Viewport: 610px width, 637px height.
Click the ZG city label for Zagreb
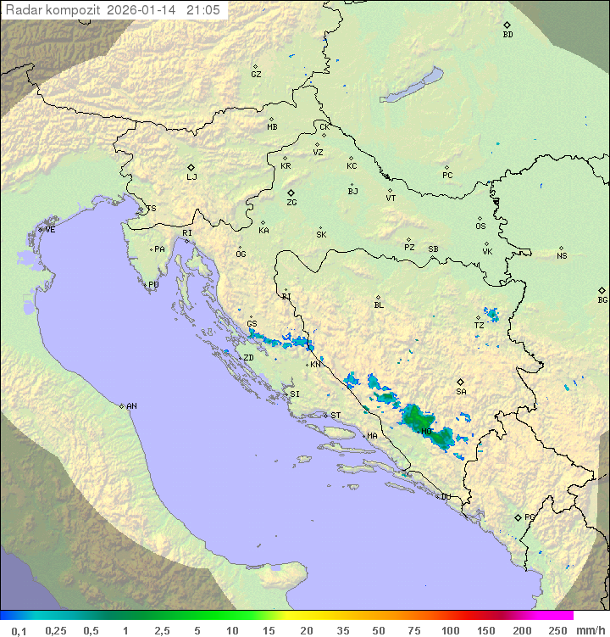click(x=291, y=203)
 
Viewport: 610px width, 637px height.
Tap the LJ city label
click(x=191, y=177)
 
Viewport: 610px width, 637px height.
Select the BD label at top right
click(x=507, y=35)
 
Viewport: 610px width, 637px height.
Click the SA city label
click(x=461, y=392)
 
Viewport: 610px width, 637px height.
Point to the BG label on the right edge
click(x=602, y=299)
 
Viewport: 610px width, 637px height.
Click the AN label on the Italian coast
click(x=131, y=406)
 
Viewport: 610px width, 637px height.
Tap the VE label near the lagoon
click(x=50, y=230)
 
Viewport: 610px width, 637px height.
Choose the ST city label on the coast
click(x=335, y=416)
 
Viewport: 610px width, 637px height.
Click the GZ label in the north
click(x=256, y=75)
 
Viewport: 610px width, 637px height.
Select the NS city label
click(x=562, y=256)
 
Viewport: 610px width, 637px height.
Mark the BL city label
click(x=379, y=305)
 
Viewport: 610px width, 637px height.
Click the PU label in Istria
click(x=153, y=285)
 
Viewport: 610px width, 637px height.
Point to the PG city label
click(x=530, y=517)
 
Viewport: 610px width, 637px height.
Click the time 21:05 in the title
click(x=203, y=10)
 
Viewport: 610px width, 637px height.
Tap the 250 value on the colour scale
click(x=557, y=630)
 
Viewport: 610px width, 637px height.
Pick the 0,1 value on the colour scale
click(x=19, y=630)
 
